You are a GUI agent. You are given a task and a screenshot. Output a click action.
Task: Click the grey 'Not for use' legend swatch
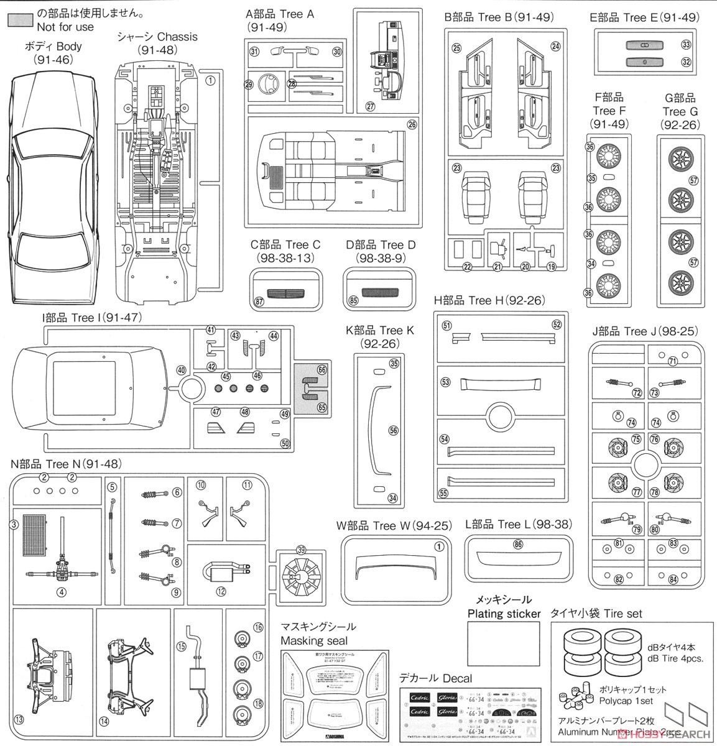pyautogui.click(x=19, y=19)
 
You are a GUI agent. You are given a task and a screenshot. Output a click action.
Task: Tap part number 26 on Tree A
pyautogui.click(x=412, y=124)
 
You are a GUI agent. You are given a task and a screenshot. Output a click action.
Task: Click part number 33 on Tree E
pyautogui.click(x=686, y=44)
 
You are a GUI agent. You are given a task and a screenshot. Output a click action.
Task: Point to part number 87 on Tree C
pyautogui.click(x=259, y=302)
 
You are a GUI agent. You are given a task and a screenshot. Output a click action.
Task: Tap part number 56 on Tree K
pyautogui.click(x=393, y=430)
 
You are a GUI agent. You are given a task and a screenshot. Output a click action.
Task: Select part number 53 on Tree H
pyautogui.click(x=445, y=382)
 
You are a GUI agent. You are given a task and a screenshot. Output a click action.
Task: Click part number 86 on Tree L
pyautogui.click(x=518, y=544)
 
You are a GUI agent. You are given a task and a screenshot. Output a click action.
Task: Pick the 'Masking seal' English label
pyautogui.click(x=314, y=640)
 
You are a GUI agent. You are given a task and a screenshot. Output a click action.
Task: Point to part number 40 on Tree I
pyautogui.click(x=181, y=370)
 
